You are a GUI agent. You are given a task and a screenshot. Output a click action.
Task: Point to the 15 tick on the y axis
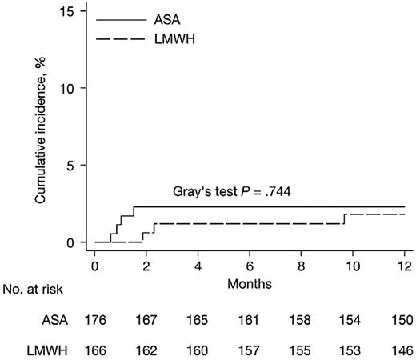click(69, 10)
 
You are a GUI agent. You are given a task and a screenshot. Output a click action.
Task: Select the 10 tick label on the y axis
click(69, 88)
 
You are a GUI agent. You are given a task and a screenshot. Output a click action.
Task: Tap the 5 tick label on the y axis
click(72, 166)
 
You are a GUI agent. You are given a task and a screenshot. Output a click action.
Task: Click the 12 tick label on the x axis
click(403, 265)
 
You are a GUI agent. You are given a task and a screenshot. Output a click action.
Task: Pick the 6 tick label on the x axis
click(250, 265)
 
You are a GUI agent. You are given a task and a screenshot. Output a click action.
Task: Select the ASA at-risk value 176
click(95, 320)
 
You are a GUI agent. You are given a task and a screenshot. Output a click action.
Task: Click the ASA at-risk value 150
click(403, 320)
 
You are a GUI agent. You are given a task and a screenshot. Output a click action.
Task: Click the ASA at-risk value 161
click(250, 320)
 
